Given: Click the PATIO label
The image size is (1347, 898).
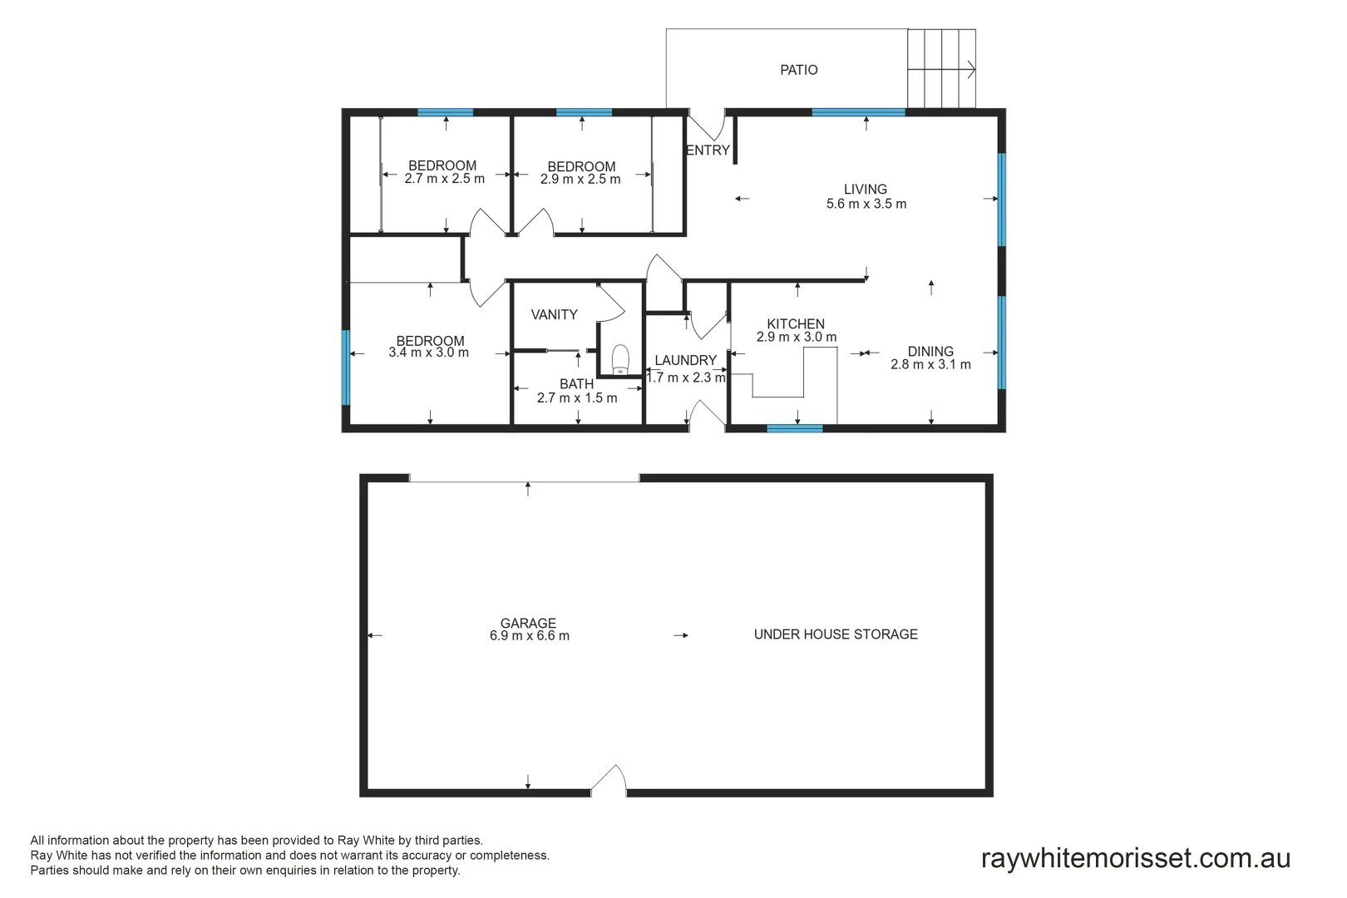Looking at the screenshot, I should pyautogui.click(x=798, y=70).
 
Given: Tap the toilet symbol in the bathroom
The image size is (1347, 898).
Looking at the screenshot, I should pyautogui.click(x=620, y=360).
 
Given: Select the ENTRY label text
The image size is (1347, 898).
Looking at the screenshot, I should pyautogui.click(x=708, y=150).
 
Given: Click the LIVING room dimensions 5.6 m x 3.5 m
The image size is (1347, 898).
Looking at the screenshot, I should pyautogui.click(x=866, y=204).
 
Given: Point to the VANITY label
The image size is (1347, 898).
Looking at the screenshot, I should pyautogui.click(x=554, y=314).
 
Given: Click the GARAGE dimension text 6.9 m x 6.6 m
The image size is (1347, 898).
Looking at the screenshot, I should pyautogui.click(x=529, y=636).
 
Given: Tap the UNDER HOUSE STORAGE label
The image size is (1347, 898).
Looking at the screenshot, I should pyautogui.click(x=836, y=634).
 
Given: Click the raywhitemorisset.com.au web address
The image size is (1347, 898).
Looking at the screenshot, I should pyautogui.click(x=1135, y=857).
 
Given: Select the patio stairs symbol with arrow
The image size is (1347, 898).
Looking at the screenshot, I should pyautogui.click(x=941, y=69).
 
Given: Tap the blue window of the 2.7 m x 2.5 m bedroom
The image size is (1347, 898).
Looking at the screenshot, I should pyautogui.click(x=445, y=112).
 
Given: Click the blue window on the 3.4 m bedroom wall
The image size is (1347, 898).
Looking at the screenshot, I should pyautogui.click(x=346, y=368).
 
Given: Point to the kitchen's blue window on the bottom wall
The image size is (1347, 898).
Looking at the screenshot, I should pyautogui.click(x=794, y=428).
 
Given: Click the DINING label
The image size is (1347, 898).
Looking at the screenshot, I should pyautogui.click(x=930, y=351).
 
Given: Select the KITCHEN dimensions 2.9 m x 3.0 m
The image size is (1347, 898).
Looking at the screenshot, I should pyautogui.click(x=796, y=338).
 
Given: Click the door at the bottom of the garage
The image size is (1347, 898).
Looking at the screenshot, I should pyautogui.click(x=609, y=782).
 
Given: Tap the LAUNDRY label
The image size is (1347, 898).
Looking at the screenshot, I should pyautogui.click(x=685, y=360).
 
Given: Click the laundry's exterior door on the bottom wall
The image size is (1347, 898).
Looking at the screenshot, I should pyautogui.click(x=707, y=415).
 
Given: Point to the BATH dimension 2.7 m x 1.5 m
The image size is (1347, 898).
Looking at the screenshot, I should pyautogui.click(x=576, y=398).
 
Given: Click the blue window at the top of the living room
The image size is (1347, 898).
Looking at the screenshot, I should pyautogui.click(x=858, y=112).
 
